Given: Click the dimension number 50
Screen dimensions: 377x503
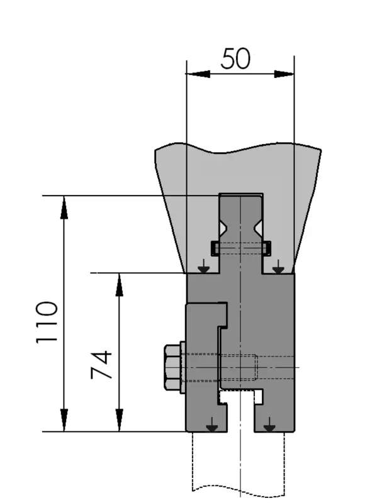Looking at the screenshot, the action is [235, 58].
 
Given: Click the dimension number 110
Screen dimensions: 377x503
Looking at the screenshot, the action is [47, 323].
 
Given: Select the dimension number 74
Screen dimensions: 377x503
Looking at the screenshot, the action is [101, 365].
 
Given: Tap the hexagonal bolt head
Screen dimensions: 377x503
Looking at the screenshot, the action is [172, 367].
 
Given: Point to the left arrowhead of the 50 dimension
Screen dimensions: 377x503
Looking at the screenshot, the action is [198, 74].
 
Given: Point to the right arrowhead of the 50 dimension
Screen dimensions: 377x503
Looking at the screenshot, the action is [284, 74].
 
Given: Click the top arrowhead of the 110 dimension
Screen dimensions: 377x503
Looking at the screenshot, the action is [64, 207].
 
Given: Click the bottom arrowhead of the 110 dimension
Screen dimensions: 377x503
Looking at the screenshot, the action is [64, 420].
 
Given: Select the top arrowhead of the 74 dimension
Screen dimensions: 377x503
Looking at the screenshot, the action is [120, 285].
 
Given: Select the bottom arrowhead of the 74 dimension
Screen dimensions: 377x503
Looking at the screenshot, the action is [120, 420].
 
